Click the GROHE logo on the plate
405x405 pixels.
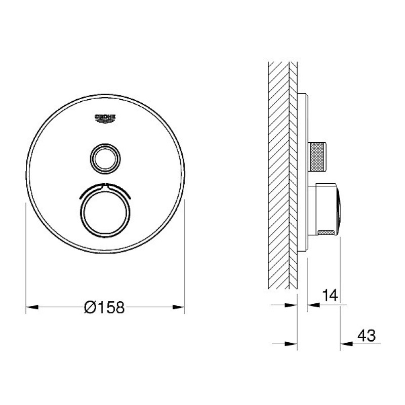pyautogui.click(x=105, y=119)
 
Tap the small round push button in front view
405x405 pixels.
pyautogui.click(x=105, y=158)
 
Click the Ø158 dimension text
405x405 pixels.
pyautogui.click(x=105, y=307)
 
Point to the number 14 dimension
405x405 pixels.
pyautogui.click(x=330, y=296)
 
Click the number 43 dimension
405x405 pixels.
pyautogui.click(x=367, y=336)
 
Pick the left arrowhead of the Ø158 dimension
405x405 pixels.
pyautogui.click(x=32, y=307)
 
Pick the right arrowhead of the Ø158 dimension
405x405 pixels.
pyautogui.click(x=178, y=307)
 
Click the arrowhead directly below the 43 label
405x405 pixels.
pyautogui.click(x=346, y=344)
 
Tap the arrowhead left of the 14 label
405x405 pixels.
pyautogui.click(x=313, y=305)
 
